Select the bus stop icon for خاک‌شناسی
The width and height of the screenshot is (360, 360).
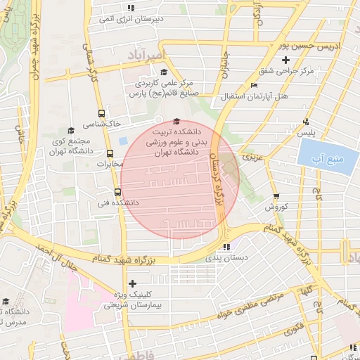click(103, 113)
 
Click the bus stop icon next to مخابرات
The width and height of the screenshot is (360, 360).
click(110, 153)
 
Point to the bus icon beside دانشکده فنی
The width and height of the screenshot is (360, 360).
click(117, 191)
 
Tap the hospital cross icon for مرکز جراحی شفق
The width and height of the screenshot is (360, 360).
click(304, 60)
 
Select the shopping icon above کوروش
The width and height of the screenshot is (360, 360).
click(276, 197)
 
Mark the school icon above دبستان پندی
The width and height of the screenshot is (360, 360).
click(226, 247)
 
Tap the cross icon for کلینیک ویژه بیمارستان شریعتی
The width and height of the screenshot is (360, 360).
click(132, 283)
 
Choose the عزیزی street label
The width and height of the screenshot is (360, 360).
click(251, 157)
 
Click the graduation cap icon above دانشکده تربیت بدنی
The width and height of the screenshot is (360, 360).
click(176, 121)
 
